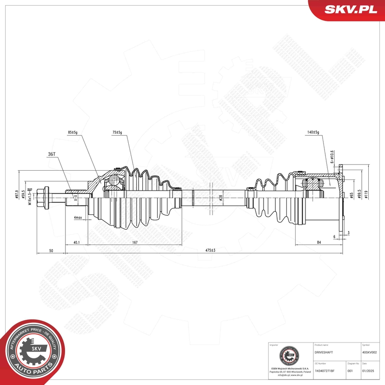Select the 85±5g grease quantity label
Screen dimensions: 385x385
tap(72, 133)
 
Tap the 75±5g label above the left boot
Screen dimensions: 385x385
tap(117, 133)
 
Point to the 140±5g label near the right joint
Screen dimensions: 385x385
tap(312, 133)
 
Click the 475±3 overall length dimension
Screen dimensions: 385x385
tap(211, 251)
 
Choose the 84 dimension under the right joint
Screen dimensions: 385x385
tap(319, 242)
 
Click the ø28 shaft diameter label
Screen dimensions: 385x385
tap(221, 197)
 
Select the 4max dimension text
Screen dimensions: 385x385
tap(78, 217)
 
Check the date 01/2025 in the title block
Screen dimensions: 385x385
tap(368, 371)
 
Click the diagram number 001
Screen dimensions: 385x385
tap(350, 371)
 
